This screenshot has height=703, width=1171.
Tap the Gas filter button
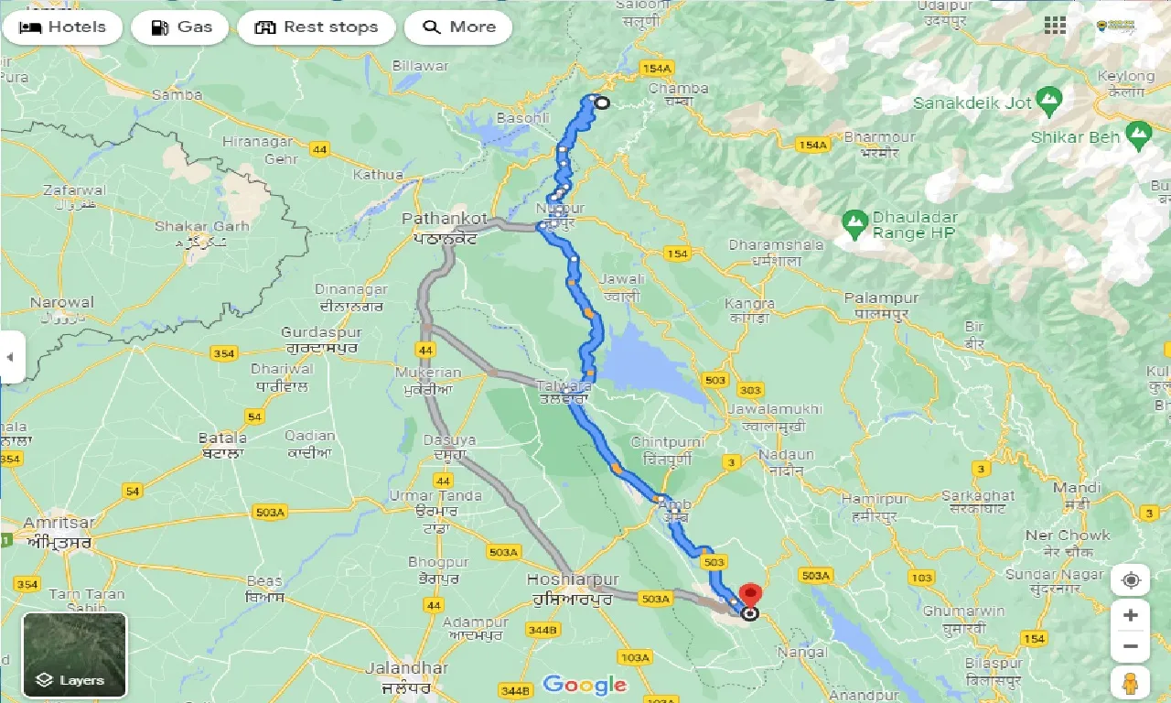pyautogui.click(x=181, y=27)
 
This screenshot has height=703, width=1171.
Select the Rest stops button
pyautogui.click(x=317, y=27)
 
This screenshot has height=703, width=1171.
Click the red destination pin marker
pyautogui.click(x=751, y=595)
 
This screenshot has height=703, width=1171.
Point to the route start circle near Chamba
pyautogui.click(x=601, y=103)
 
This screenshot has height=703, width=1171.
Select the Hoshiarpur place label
pyautogui.click(x=573, y=580)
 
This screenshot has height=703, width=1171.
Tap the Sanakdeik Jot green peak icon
pyautogui.click(x=1049, y=96)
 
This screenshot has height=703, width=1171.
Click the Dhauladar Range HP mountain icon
pyautogui.click(x=854, y=221)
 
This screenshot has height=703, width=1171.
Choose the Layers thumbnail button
pyautogui.click(x=75, y=654)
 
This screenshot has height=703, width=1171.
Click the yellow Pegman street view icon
pyautogui.click(x=1131, y=683)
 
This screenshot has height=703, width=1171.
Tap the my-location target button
pyautogui.click(x=1131, y=580)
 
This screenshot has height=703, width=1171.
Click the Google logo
pyautogui.click(x=585, y=684)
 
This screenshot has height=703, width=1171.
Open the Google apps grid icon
pyautogui.click(x=1055, y=26)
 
